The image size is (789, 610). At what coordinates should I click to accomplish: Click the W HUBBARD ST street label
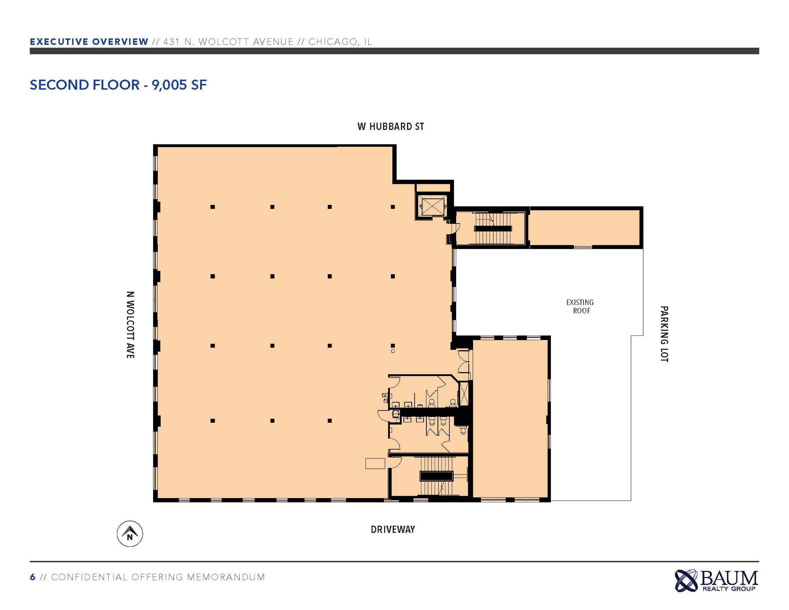391,127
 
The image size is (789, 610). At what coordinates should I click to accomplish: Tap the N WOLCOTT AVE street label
130,325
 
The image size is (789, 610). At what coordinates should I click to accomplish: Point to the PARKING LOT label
664,334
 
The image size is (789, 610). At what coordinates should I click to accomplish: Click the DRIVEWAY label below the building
393,529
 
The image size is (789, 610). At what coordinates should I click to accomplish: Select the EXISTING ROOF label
580,306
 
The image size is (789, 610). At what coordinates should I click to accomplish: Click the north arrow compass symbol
130,534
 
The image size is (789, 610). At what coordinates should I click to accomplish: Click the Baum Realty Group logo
716,581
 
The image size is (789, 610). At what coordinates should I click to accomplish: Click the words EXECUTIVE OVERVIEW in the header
89,41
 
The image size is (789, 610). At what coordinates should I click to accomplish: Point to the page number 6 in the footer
33,577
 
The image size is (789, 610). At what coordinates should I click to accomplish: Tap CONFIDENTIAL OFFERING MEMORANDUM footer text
158,577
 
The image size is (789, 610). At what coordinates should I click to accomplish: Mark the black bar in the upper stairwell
493,228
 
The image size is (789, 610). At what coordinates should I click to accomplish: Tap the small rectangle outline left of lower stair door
375,463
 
